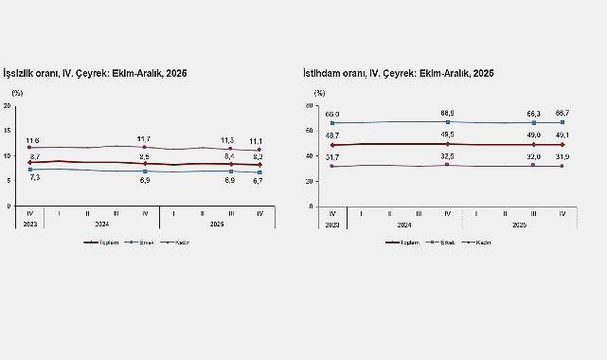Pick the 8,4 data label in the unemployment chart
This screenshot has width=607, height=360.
point(230,156)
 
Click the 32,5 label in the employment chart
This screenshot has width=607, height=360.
point(447,155)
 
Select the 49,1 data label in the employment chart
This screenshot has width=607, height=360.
point(563,135)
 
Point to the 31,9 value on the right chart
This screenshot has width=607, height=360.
point(563,156)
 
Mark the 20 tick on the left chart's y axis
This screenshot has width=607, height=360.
point(8,105)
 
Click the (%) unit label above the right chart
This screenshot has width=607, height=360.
point(319,93)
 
